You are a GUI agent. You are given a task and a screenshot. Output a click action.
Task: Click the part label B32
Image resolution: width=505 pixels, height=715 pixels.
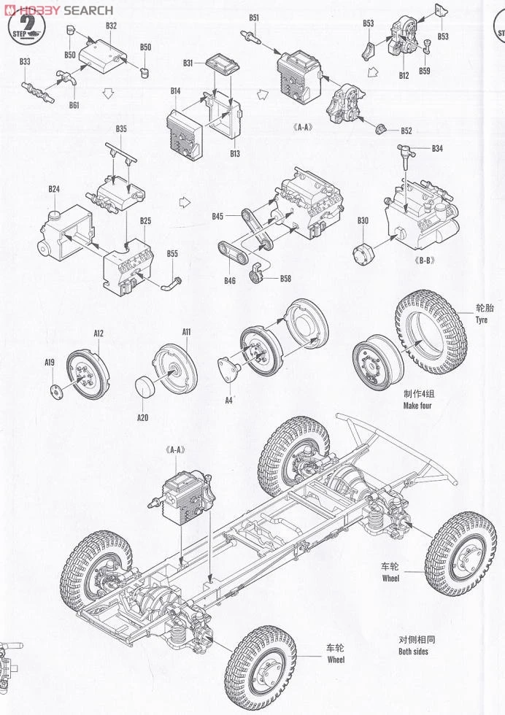pos(111,26)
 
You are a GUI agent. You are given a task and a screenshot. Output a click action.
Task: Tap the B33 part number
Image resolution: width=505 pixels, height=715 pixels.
pos(25,62)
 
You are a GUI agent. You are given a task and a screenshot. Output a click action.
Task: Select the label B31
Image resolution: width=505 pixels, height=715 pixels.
pos(188,63)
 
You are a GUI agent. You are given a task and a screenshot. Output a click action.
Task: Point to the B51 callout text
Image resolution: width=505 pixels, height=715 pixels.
pos(253,18)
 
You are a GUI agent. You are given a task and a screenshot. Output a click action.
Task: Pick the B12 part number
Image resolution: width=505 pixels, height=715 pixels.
pos(404,75)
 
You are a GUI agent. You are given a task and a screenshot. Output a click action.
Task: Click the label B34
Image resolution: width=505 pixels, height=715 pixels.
pos(437,149)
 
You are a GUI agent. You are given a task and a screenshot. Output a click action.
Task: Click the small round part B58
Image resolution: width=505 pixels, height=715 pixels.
pos(256,275)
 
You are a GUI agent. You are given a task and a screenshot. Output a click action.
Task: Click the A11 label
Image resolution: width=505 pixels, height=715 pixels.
pos(186,332)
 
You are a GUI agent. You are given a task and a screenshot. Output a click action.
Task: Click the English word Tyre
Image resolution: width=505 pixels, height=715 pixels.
pos(481,320)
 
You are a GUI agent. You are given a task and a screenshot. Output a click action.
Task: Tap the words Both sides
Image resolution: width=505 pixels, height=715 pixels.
pos(413,651)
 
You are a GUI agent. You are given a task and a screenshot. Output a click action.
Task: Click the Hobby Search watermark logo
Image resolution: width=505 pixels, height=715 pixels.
pos(58,9)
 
